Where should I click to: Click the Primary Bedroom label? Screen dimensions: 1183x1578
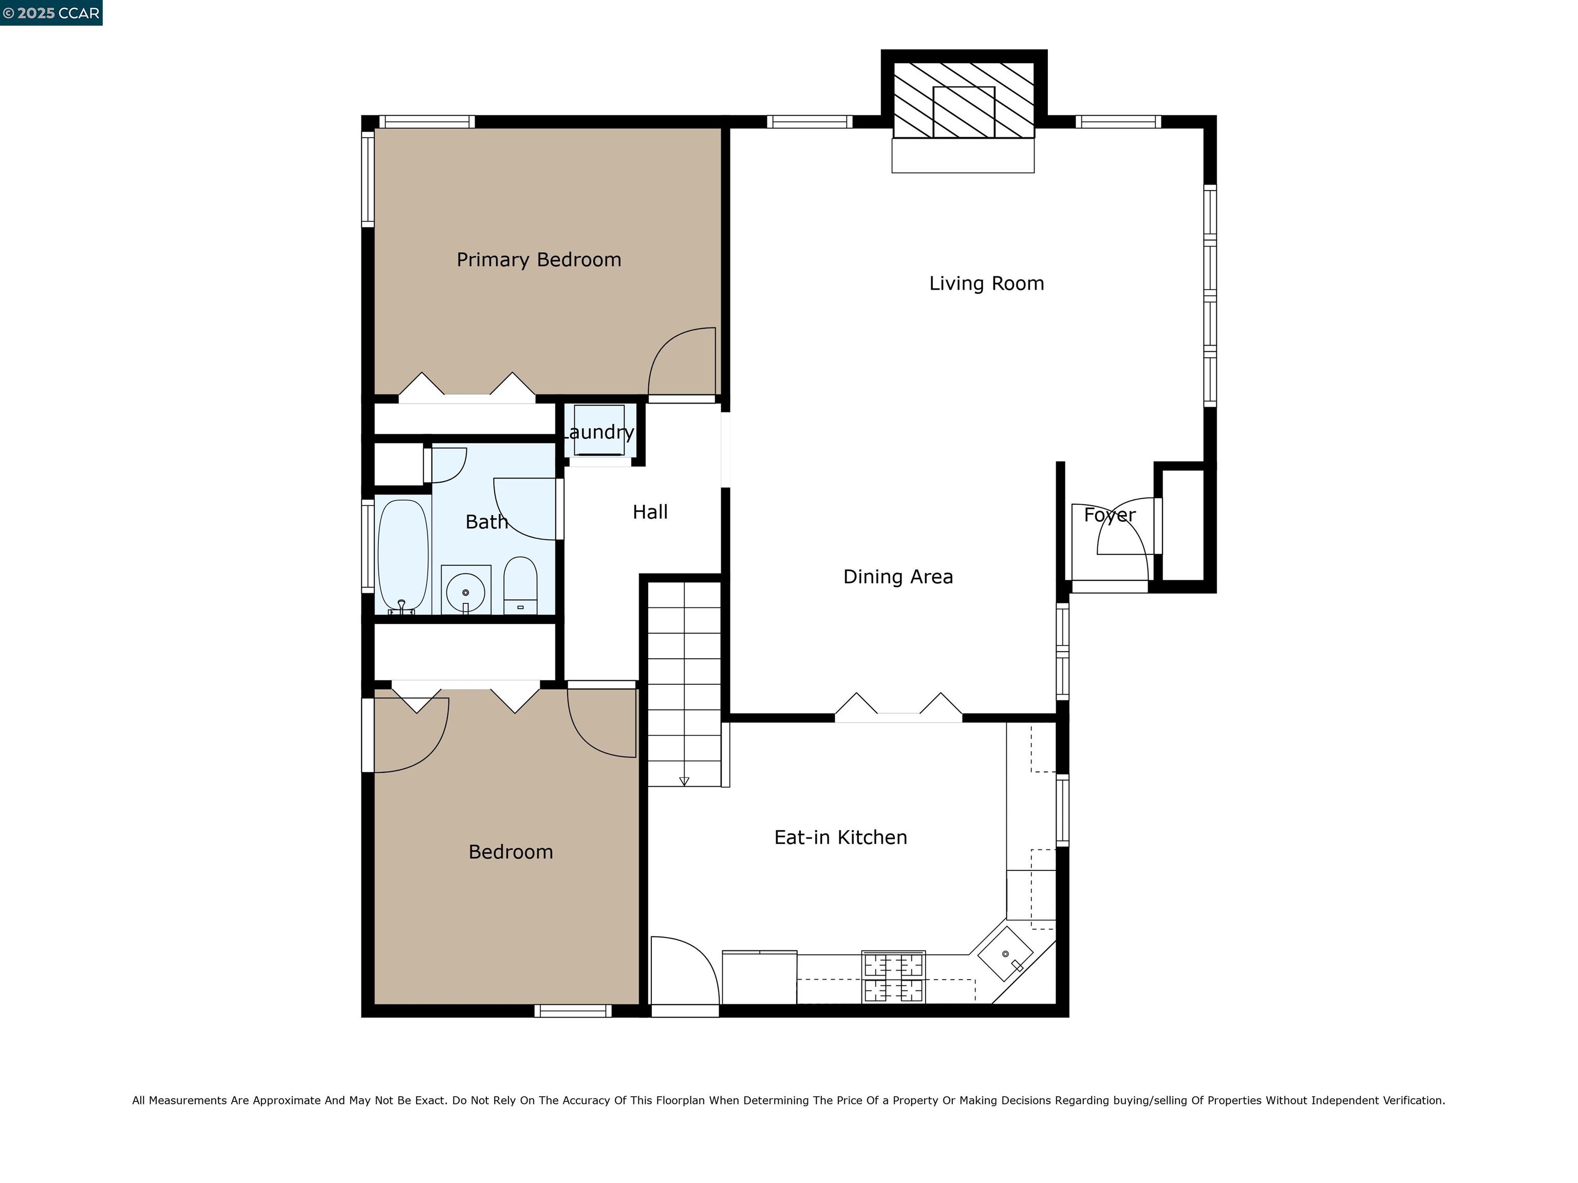point(539,260)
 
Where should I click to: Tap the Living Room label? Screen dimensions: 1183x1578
point(986,284)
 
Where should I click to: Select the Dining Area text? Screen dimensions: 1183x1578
point(897,577)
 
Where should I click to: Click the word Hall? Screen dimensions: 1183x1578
point(650,512)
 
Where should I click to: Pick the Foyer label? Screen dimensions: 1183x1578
point(1110,515)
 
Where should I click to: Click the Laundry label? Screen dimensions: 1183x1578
point(599,432)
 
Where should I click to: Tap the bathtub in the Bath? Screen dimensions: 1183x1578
point(403,555)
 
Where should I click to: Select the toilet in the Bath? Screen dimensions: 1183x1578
point(520,585)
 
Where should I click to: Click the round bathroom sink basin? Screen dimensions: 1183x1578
point(465,592)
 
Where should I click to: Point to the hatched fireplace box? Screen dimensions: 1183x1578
point(963,100)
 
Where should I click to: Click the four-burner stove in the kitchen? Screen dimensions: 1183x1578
point(893,977)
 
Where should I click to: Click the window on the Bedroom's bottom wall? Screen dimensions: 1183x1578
point(573,1010)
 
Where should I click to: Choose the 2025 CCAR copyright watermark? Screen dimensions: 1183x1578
point(51,13)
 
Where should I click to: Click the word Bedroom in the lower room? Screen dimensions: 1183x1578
point(510,852)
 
